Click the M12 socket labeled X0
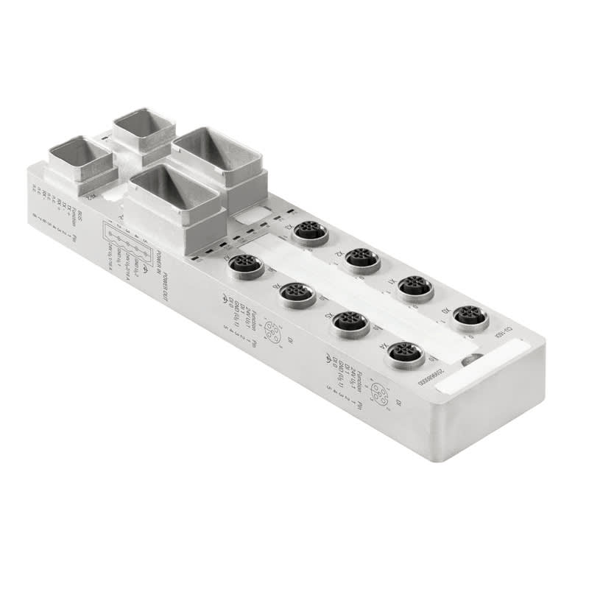[x=470, y=317]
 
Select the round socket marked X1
[x=415, y=288]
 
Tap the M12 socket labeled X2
[x=361, y=258]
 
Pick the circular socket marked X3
[x=310, y=232]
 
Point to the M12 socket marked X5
[x=350, y=322]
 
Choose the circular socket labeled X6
[x=298, y=294]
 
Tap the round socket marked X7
[x=246, y=265]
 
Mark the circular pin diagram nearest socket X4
[x=378, y=392]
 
